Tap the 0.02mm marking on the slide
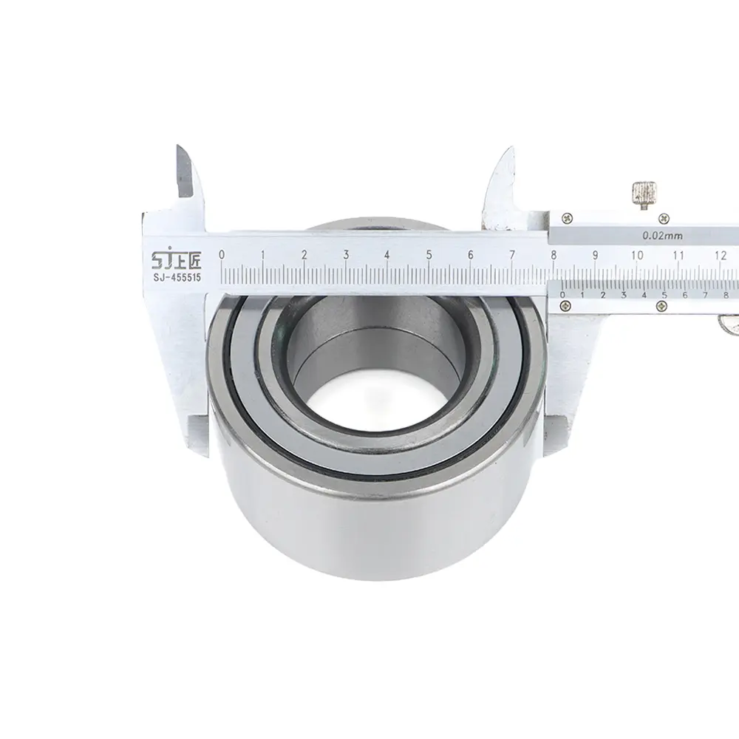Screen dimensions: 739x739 [x=662, y=236]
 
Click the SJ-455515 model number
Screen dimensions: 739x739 [x=177, y=278]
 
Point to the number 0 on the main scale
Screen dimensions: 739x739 [x=222, y=255]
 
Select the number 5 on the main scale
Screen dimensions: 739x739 [x=429, y=255]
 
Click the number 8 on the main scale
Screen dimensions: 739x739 [x=554, y=255]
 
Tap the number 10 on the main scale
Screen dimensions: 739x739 [x=637, y=255]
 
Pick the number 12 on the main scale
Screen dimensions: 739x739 [x=720, y=255]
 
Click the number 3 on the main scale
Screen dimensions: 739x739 [x=346, y=255]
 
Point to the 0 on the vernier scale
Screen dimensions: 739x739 [x=562, y=295]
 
